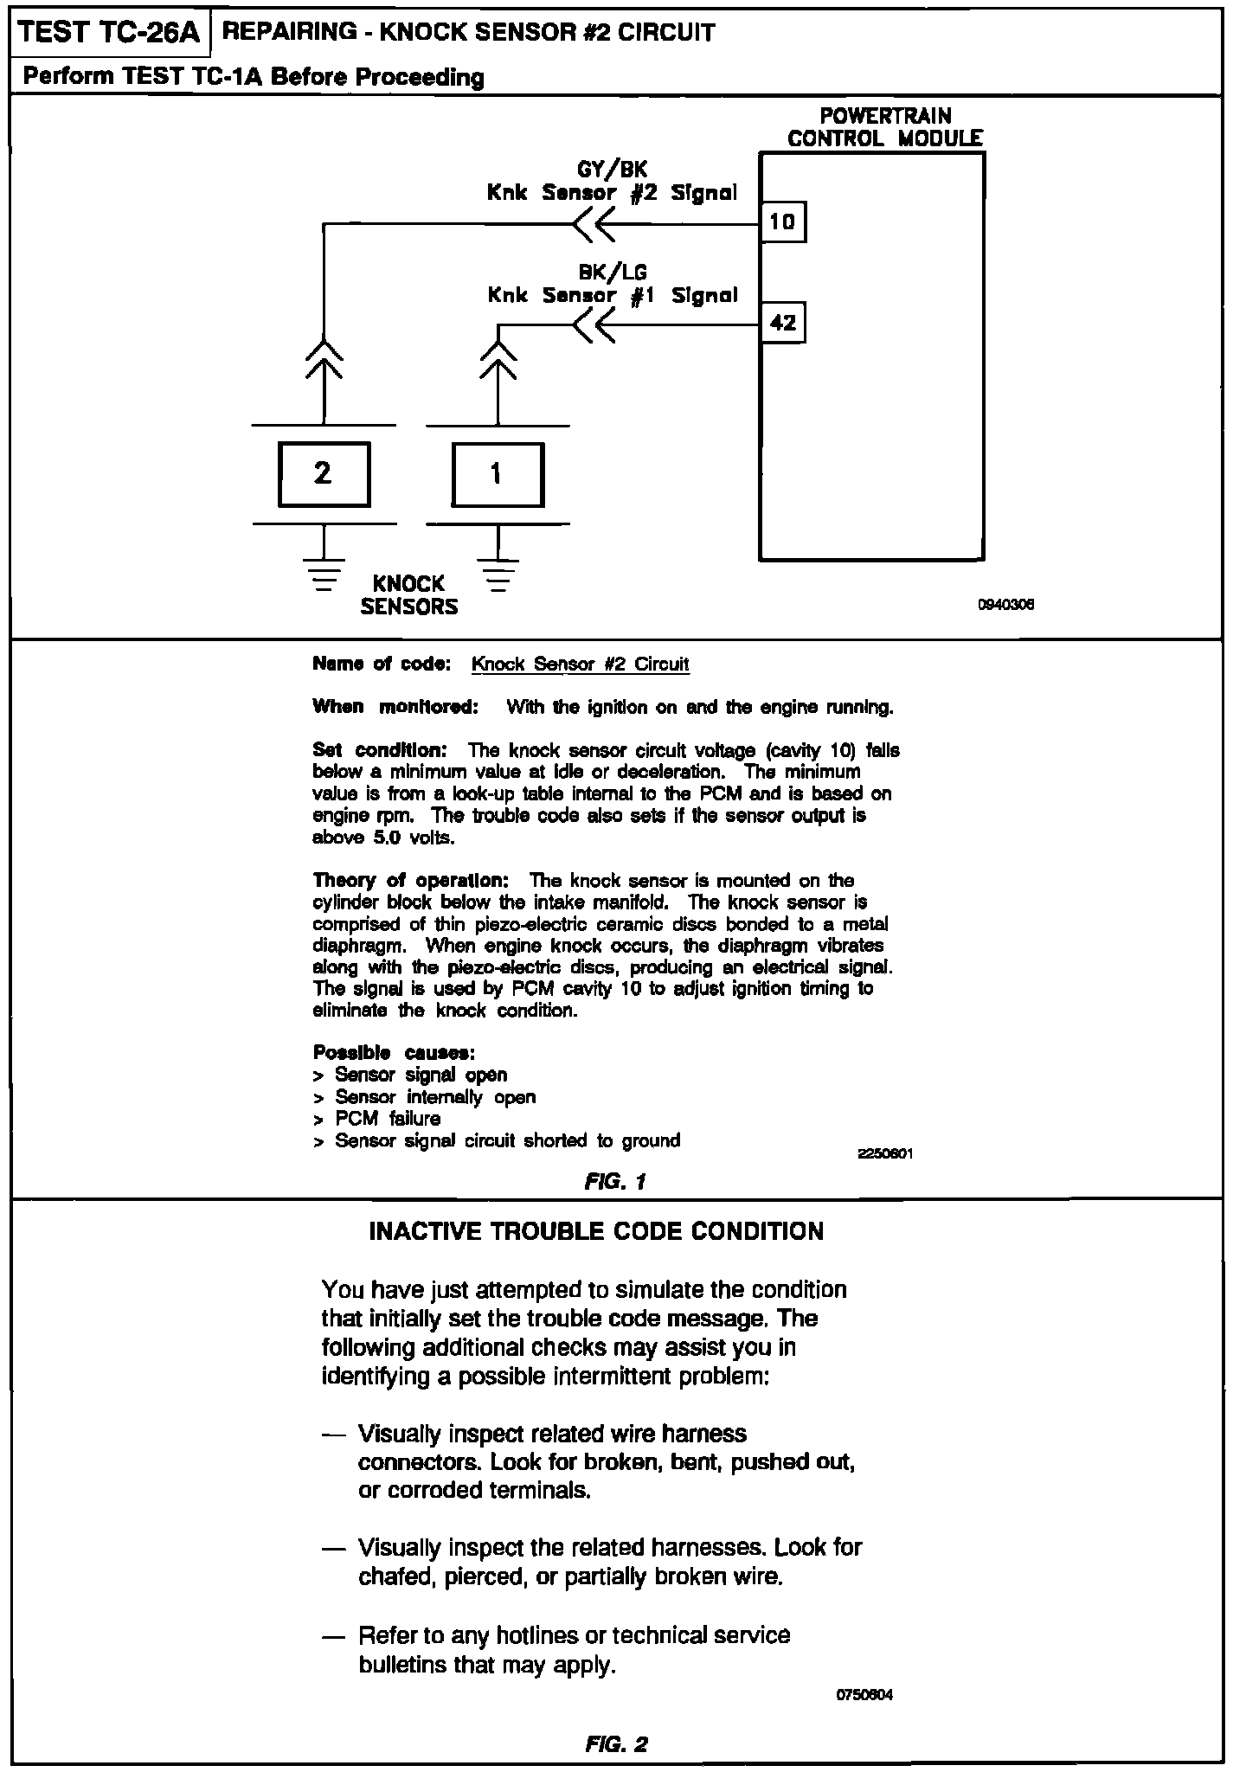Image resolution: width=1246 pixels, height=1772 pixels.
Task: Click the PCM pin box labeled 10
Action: coord(782,222)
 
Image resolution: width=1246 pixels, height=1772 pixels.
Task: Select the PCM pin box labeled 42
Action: coord(782,323)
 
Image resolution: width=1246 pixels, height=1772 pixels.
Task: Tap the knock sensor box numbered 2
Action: coord(324,474)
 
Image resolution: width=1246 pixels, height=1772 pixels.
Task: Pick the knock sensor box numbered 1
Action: coord(498,474)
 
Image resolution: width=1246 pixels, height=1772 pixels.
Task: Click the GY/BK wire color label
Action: coord(612,170)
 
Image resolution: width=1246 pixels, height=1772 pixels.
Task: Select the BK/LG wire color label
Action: coord(613,273)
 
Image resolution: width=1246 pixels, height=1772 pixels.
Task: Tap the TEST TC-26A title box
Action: coord(109,33)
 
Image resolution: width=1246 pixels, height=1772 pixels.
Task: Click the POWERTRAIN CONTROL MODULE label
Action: coord(884,127)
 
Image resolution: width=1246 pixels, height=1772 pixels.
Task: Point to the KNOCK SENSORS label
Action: coord(408,595)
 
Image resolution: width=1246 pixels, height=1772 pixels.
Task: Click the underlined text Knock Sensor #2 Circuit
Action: coord(580,664)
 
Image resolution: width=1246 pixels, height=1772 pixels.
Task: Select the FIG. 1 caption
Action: coord(615,1181)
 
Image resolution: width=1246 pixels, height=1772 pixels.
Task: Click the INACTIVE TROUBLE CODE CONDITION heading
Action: coord(596,1231)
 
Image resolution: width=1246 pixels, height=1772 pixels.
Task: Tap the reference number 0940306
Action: coord(1005,605)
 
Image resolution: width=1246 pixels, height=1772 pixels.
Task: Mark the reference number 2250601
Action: coord(885,1153)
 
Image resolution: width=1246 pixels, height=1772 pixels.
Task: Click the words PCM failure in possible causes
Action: coord(388,1119)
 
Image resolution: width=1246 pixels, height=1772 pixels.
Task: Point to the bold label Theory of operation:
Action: coord(411,881)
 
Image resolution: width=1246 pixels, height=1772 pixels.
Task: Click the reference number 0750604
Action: coord(864,1694)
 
